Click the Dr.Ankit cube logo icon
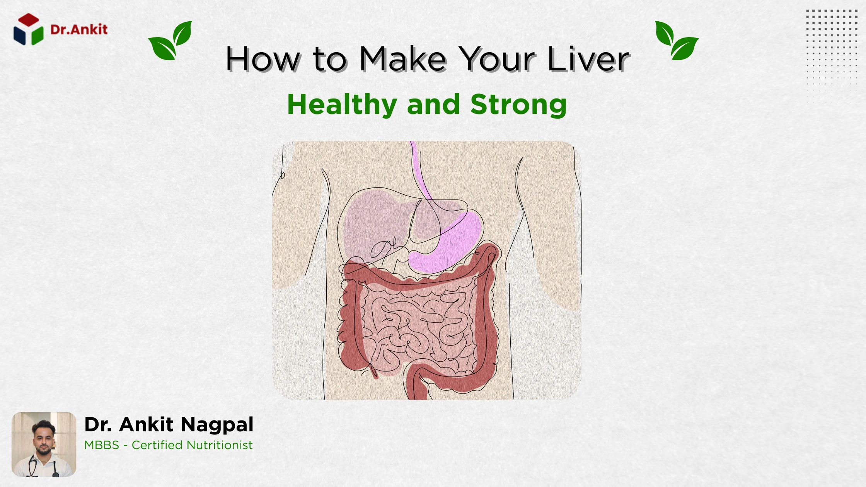coord(28,29)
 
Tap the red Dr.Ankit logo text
coord(79,29)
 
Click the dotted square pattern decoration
coord(832,54)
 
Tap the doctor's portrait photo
coord(44,444)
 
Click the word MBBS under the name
coord(102,445)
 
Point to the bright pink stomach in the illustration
coord(456,243)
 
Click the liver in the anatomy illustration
coord(371,220)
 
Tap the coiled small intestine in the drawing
coord(418,329)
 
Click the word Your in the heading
coord(498,59)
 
